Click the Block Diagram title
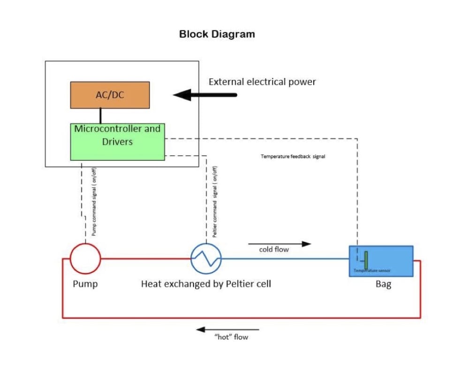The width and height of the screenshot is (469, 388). point(217,34)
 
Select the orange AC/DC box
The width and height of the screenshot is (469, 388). point(110,95)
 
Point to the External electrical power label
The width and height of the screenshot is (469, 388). point(262,82)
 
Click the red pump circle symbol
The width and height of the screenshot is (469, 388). point(85,258)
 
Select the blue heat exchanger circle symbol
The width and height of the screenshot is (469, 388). point(206,258)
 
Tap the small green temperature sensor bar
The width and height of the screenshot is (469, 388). point(366,260)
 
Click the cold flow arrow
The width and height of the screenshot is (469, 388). point(280,244)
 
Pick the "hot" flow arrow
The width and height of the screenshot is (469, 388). point(228,330)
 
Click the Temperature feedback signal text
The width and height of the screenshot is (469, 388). point(293,156)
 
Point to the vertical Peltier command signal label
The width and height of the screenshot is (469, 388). point(215,202)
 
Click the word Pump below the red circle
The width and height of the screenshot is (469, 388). point(85,284)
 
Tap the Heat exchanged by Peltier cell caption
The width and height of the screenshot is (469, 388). point(206,284)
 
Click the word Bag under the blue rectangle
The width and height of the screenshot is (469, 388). point(383,284)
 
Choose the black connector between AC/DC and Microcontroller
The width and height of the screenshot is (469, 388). point(100,116)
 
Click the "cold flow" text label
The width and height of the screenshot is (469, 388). point(274,250)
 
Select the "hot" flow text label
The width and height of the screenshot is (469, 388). point(231,337)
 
